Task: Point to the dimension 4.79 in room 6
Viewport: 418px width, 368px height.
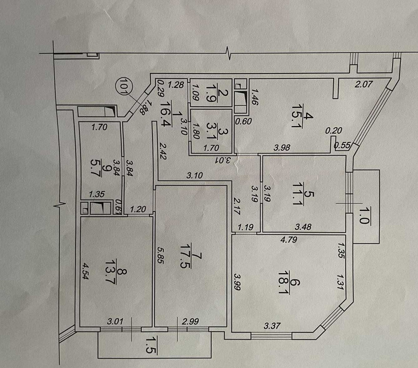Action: pyautogui.click(x=288, y=240)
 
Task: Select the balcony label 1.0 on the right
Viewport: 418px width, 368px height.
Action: pyautogui.click(x=363, y=216)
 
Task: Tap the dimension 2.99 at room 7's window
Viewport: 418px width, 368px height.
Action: pyautogui.click(x=190, y=322)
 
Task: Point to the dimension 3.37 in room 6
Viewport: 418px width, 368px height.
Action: pyautogui.click(x=272, y=325)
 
